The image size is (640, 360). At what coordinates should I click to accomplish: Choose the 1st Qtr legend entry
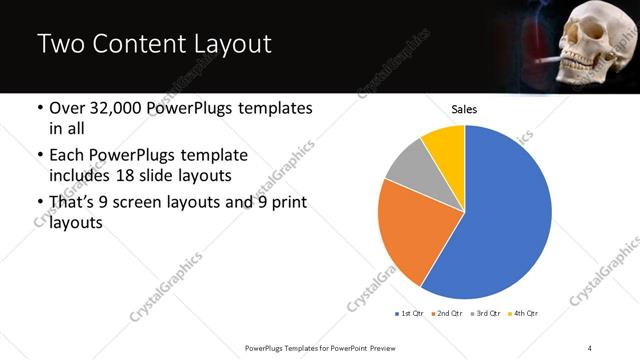coord(411,313)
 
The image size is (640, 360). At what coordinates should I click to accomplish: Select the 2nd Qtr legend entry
coord(447,313)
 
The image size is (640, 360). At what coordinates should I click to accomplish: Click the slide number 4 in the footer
coord(589,347)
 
